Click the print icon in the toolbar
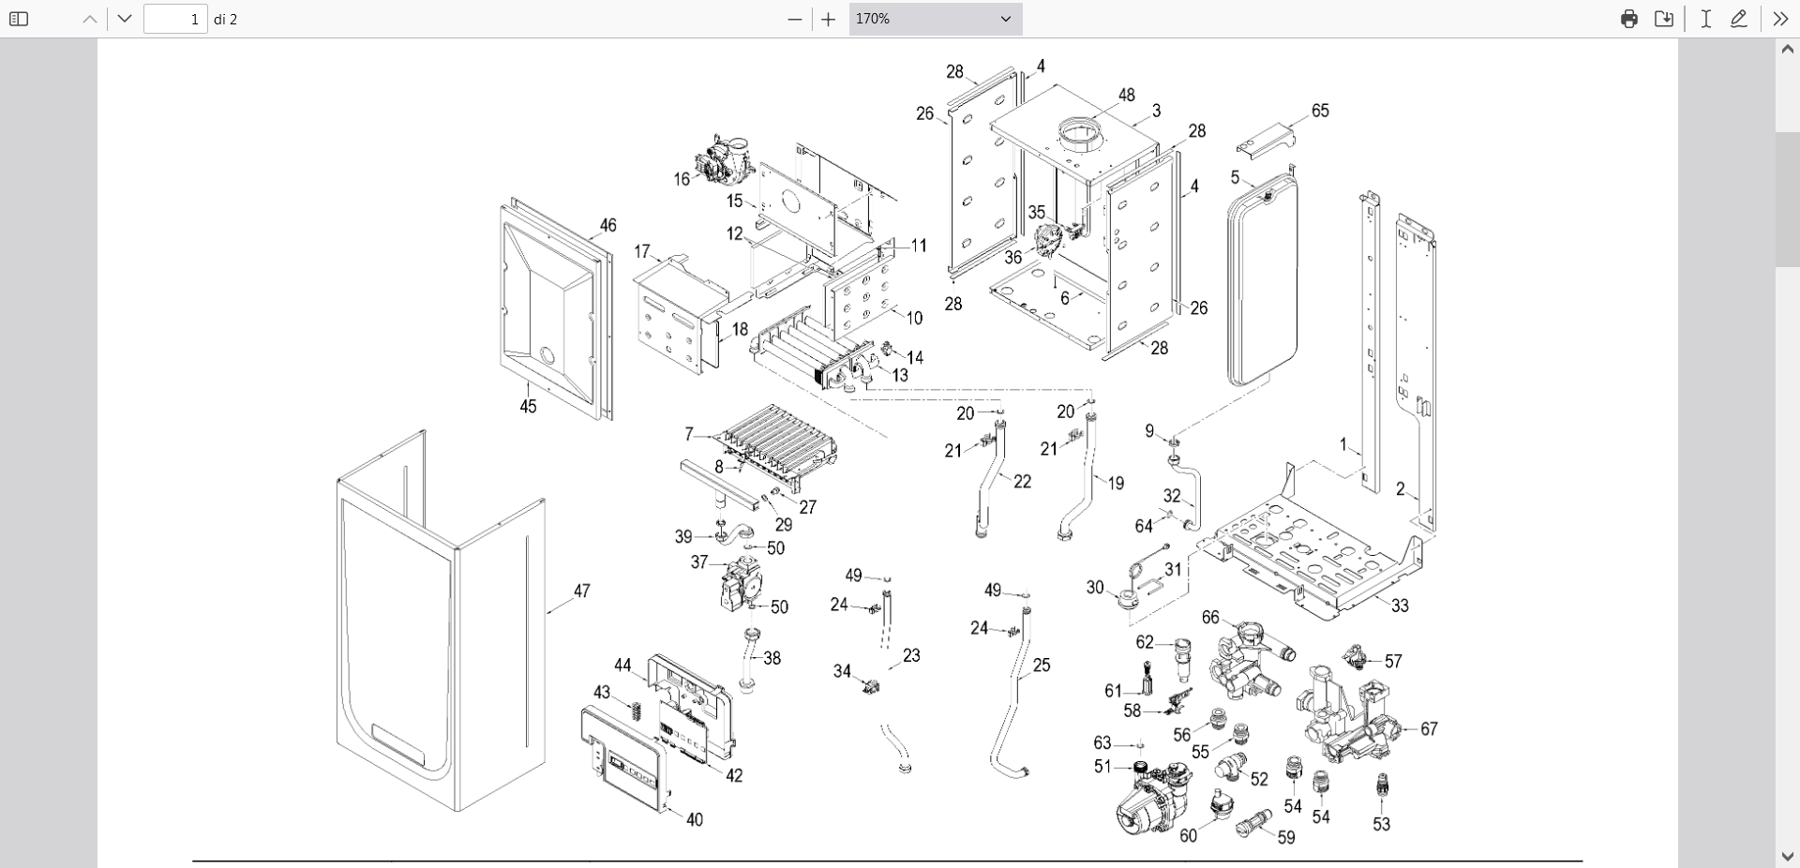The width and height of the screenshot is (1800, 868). point(1629,19)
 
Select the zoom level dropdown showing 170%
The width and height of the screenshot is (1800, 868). point(935,19)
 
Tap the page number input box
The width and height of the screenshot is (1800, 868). point(175,19)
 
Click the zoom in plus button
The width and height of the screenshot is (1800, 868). point(828,19)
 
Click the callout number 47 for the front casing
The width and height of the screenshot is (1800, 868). point(582,591)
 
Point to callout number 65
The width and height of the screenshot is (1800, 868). point(1320,111)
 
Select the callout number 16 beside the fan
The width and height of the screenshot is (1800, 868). point(682,179)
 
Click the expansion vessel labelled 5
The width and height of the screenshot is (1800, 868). point(1262,281)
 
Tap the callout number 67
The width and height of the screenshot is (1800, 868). point(1429,728)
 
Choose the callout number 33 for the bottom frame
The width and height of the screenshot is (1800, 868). point(1400,606)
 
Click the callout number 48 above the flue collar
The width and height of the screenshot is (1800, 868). point(1127,95)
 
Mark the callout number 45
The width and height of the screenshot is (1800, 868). point(529,406)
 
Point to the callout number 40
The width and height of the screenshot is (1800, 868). point(695,819)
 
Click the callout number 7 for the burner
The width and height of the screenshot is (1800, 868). point(689,434)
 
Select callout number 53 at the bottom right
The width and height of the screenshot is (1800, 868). point(1382,824)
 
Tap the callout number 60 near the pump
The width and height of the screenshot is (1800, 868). point(1189,835)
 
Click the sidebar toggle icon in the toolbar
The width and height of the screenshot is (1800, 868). point(19,19)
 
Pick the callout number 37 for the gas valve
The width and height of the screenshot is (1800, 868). point(699,562)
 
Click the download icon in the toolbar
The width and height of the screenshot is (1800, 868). point(1664,19)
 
